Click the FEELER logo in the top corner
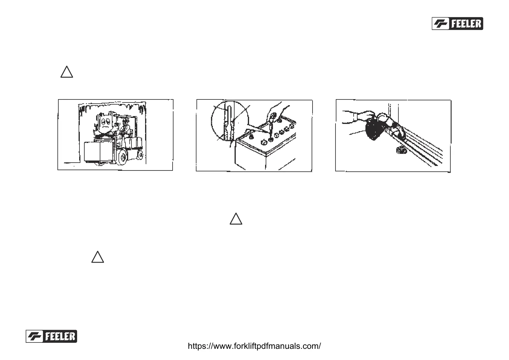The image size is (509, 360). pyautogui.click(x=457, y=24)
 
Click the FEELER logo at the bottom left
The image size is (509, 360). pyautogui.click(x=51, y=336)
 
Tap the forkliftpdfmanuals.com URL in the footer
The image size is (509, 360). pyautogui.click(x=254, y=346)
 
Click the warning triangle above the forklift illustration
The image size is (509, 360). pyautogui.click(x=66, y=72)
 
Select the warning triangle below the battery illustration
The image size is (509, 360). pyautogui.click(x=236, y=219)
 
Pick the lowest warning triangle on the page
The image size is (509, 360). pyautogui.click(x=98, y=257)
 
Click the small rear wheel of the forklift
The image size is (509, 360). pyautogui.click(x=140, y=155)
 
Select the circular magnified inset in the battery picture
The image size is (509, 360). pyautogui.click(x=229, y=122)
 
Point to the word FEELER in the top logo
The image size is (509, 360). pyautogui.click(x=466, y=24)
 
